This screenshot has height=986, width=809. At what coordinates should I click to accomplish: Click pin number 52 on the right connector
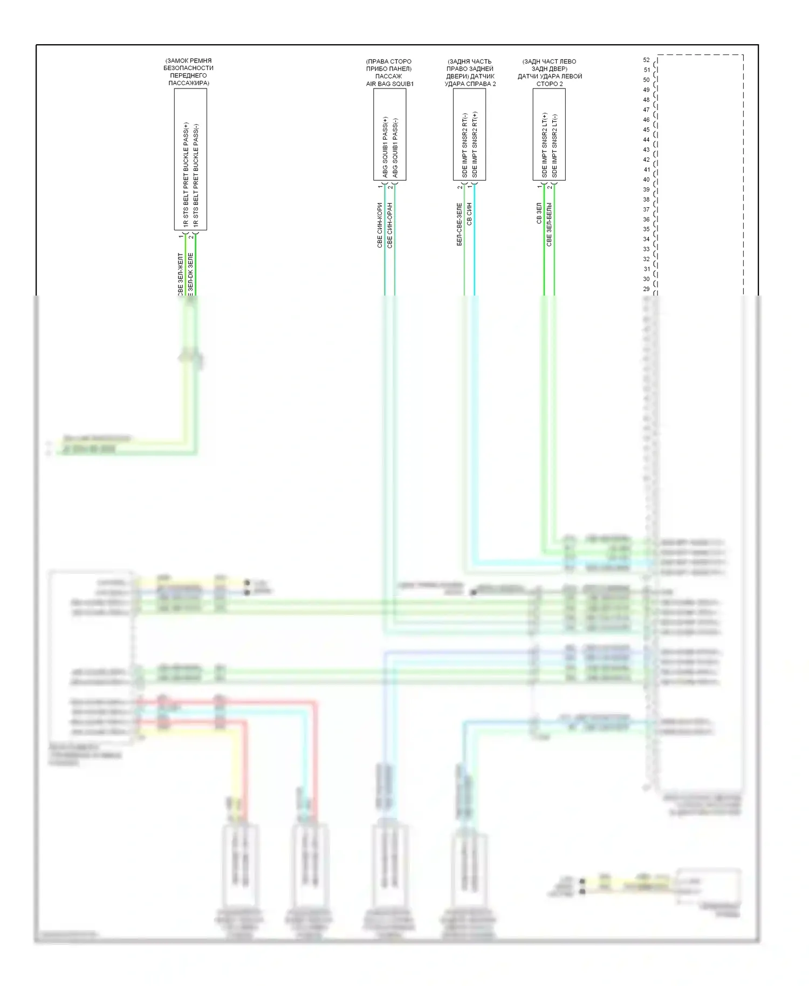646,60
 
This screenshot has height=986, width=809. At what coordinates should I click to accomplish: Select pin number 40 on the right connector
646,180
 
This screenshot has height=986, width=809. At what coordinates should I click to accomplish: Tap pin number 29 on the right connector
646,289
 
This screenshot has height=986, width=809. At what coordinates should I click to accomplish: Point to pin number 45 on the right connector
646,129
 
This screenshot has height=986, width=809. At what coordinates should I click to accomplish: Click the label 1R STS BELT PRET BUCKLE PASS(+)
186,174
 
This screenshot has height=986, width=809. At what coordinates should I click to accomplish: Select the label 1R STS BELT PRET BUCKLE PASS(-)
196,174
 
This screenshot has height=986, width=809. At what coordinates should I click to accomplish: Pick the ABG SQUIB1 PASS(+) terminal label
385,147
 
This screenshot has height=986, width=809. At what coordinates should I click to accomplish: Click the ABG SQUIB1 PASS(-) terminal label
395,148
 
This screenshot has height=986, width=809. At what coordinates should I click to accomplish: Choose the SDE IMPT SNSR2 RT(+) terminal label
475,145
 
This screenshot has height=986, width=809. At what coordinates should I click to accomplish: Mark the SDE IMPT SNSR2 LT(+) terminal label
545,145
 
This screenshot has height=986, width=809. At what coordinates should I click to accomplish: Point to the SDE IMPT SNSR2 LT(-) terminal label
555,146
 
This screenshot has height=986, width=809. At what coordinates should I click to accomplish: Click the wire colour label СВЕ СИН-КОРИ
380,225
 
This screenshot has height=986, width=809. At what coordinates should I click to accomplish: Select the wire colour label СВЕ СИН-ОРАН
390,225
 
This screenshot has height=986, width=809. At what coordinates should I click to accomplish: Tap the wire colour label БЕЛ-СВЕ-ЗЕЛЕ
460,224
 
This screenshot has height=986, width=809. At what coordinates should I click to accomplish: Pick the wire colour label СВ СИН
470,214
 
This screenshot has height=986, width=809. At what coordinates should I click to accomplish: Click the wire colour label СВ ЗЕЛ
539,213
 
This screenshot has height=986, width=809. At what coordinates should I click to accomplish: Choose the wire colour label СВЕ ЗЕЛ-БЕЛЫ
550,224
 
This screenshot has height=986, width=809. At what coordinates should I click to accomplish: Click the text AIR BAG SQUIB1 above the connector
389,84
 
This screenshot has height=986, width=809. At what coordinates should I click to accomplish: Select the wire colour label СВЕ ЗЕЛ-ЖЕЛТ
181,274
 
